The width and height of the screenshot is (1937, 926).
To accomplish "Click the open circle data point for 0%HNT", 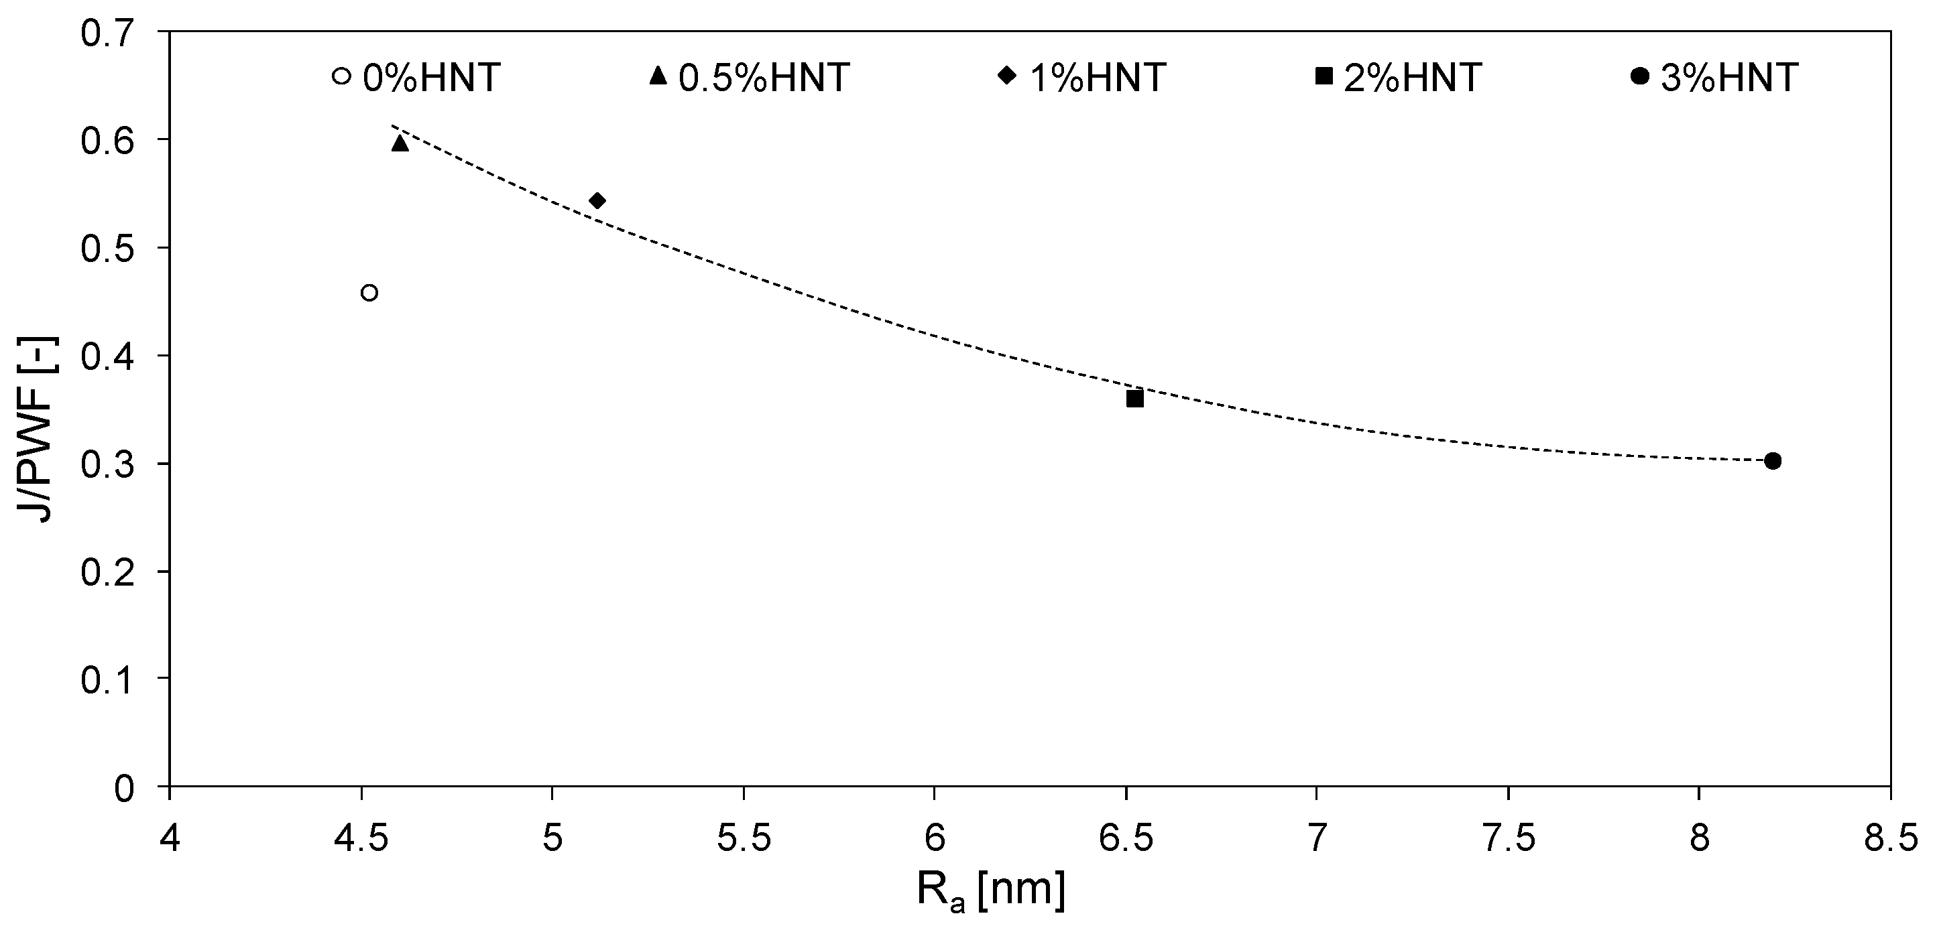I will tap(369, 292).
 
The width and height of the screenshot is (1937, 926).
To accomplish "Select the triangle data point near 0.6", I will tap(400, 143).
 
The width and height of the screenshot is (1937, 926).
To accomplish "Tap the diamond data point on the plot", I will tap(598, 201).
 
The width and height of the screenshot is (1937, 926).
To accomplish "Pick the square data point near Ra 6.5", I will tap(1134, 399).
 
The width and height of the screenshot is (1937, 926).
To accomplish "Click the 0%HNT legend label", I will tap(432, 78).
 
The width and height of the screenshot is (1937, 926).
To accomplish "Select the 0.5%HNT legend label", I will tap(764, 78).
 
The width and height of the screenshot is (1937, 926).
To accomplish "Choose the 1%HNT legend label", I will tap(1097, 78).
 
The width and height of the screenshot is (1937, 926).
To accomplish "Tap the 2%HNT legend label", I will tap(1412, 78).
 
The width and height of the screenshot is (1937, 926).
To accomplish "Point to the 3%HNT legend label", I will tap(1728, 78).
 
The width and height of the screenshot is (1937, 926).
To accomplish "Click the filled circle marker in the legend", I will tap(1640, 76).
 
